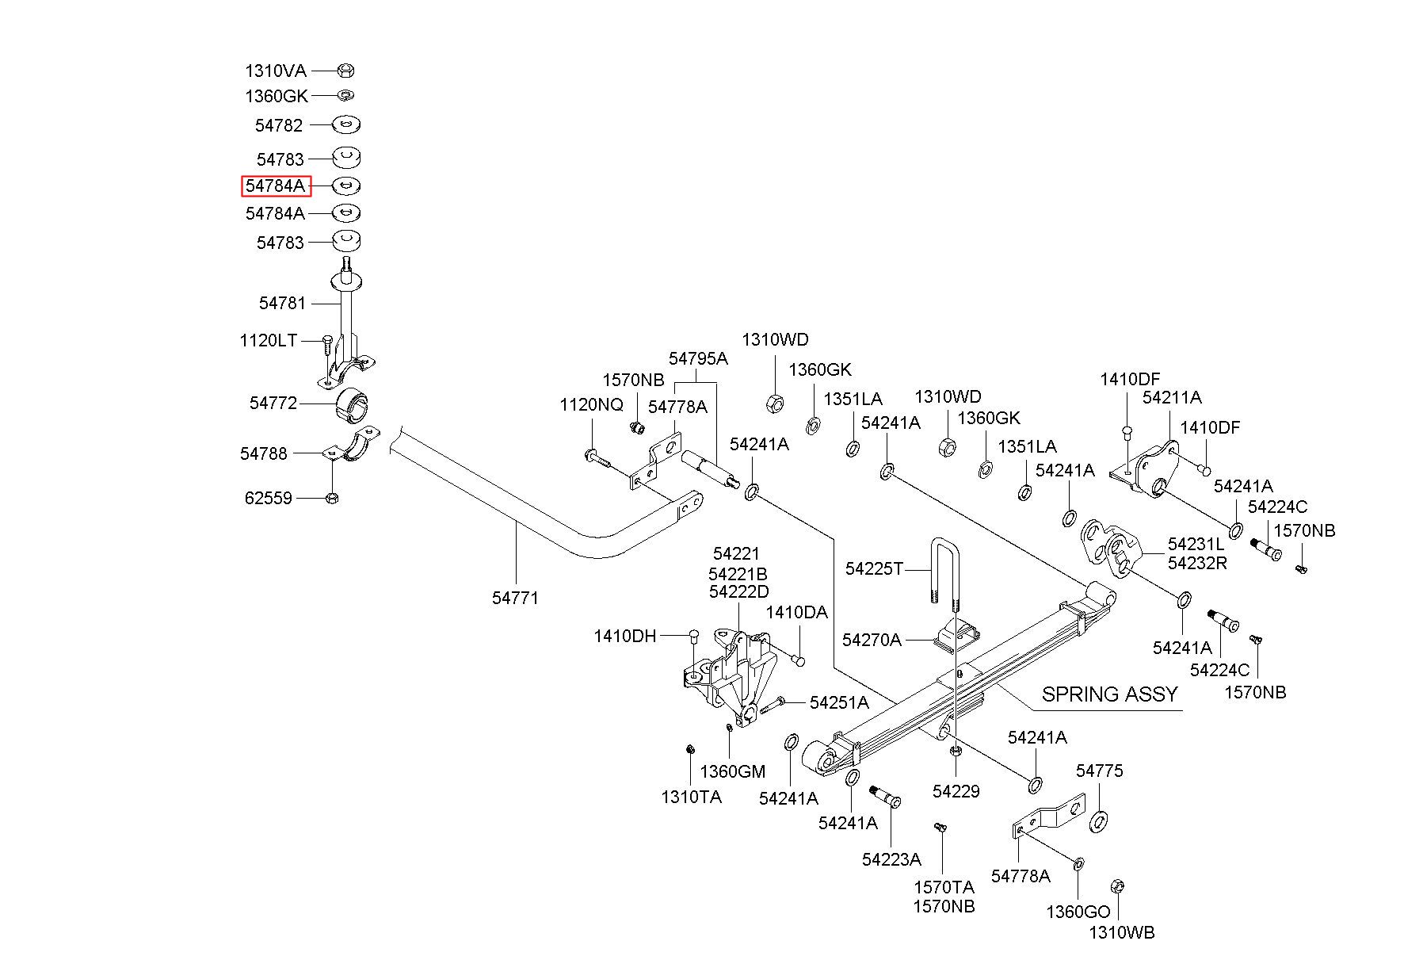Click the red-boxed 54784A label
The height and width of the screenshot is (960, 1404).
click(x=276, y=186)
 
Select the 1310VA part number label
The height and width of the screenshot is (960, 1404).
click(x=276, y=71)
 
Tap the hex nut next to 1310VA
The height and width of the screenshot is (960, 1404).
click(x=345, y=71)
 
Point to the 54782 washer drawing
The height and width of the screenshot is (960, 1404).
click(x=345, y=124)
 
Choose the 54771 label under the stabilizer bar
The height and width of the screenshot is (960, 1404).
click(x=515, y=599)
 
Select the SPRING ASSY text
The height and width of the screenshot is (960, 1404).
click(x=1109, y=694)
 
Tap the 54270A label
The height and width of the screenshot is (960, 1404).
click(x=872, y=640)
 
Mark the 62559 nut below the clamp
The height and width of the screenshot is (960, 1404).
click(x=333, y=498)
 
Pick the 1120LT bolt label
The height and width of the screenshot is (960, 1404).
click(x=269, y=341)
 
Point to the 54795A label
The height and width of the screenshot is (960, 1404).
click(x=698, y=358)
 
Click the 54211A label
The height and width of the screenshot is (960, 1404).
click(x=1172, y=398)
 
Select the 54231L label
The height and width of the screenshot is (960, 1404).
click(x=1196, y=545)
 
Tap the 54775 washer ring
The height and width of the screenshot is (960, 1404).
click(x=1099, y=821)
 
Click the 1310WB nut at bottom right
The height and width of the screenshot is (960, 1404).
click(x=1118, y=887)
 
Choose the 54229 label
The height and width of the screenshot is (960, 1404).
click(x=956, y=791)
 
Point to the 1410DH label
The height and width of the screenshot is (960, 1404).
click(x=625, y=636)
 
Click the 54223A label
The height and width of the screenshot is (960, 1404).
click(x=892, y=859)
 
